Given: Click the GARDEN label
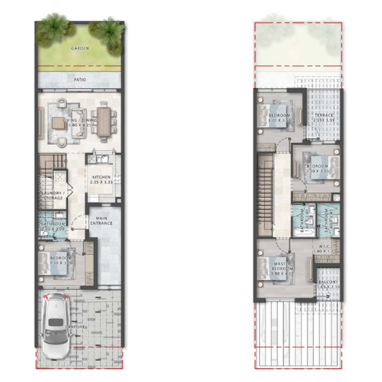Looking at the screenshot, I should point(80,48).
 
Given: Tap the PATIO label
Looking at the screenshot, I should point(80,78).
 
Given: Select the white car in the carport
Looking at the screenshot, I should point(55,326).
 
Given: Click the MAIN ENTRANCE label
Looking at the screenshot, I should point(101,220).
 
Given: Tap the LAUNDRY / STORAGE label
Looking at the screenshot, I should point(52,195).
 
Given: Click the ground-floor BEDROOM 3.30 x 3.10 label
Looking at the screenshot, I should point(61,261).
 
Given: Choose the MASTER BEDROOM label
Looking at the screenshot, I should point(281,269).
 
